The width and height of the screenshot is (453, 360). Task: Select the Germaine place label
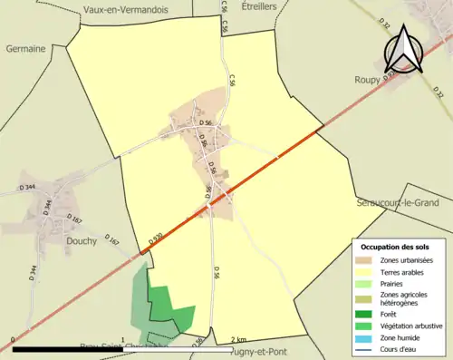[x=25, y=49]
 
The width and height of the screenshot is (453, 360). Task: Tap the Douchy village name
[x=82, y=242]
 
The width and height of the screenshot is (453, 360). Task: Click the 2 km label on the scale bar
[x=238, y=339]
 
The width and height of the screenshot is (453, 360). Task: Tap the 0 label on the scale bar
[x=13, y=339]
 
